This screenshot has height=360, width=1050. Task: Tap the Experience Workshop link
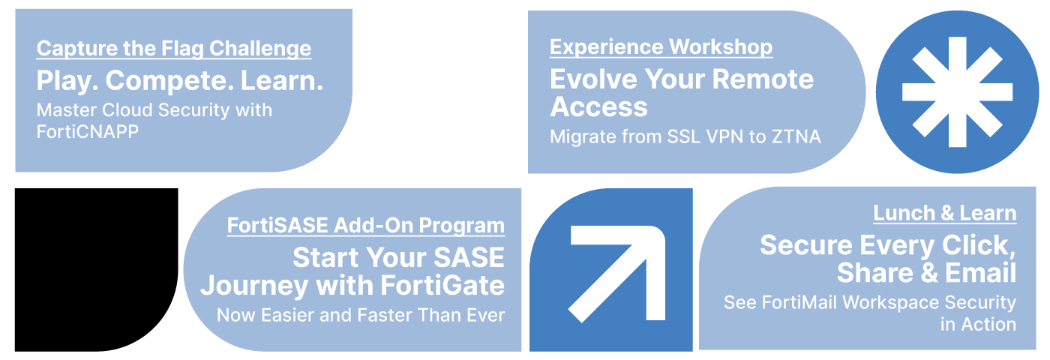(661, 47)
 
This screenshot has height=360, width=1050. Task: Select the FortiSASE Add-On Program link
(366, 226)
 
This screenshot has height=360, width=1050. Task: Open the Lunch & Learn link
(944, 213)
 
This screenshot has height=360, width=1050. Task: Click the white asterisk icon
(957, 91)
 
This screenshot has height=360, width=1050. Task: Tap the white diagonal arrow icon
(616, 274)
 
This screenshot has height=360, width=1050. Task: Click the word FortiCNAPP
(88, 132)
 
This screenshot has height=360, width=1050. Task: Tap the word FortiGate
(442, 286)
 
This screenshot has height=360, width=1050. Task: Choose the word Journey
(254, 286)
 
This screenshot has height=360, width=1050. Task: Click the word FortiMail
(799, 303)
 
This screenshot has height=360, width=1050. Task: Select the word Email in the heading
(980, 273)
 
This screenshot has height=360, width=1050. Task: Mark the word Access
(598, 107)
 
